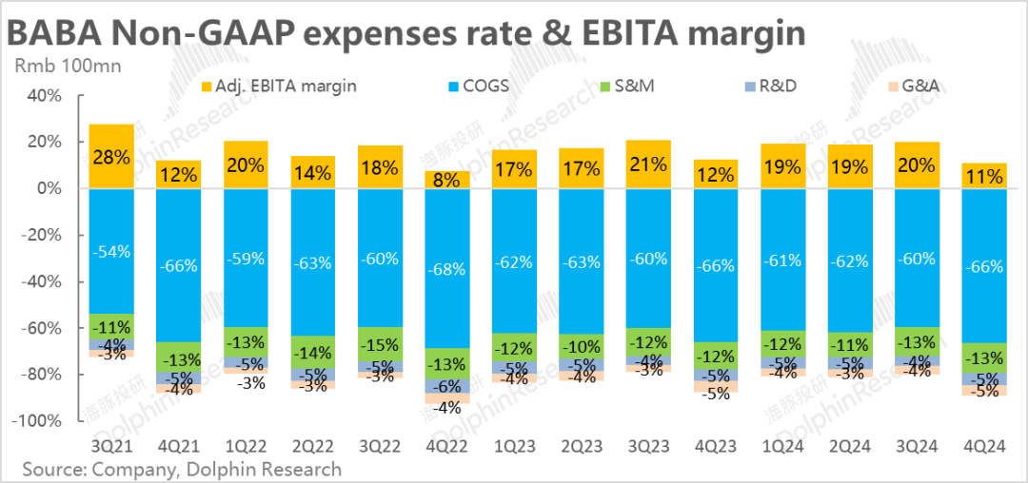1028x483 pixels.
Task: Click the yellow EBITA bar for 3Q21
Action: click(x=111, y=156)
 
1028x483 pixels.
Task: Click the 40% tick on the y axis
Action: click(x=44, y=95)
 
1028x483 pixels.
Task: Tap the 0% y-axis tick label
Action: click(x=48, y=188)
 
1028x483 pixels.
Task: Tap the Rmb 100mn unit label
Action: click(x=54, y=67)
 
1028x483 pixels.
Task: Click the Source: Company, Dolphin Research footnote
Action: click(x=181, y=469)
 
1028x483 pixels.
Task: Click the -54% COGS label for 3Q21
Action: click(x=111, y=251)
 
